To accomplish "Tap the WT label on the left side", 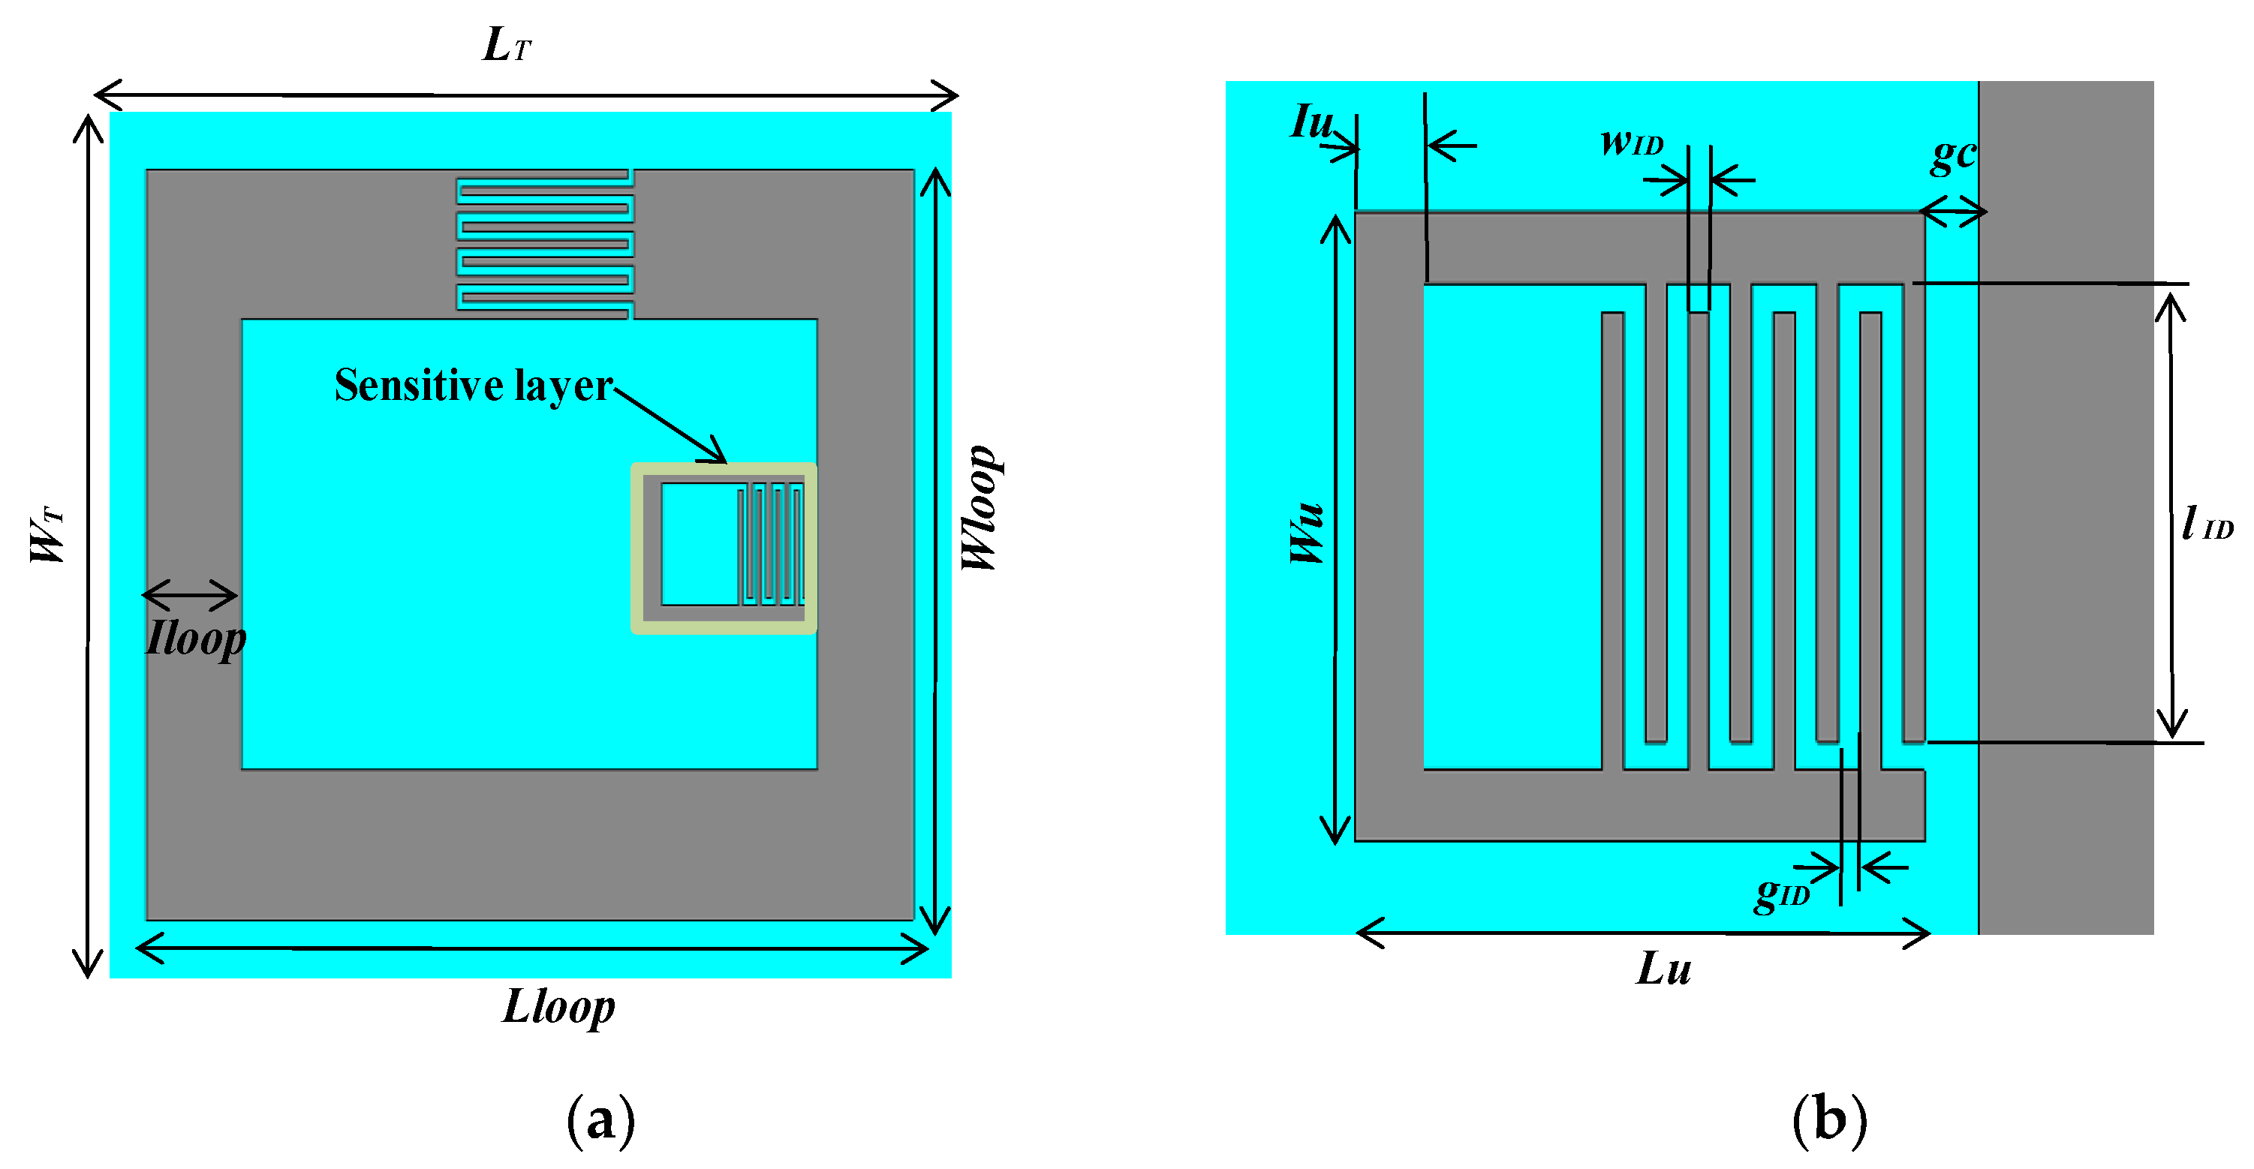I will point(47,535).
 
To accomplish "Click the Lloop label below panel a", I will point(558,1006).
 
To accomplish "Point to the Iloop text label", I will point(196,638).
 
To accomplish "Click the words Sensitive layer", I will point(474,385).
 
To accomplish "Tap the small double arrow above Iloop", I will point(190,595).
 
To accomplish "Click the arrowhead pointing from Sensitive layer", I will point(717,452).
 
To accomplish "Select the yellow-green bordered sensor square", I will point(724,548).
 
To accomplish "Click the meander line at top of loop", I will point(544,244).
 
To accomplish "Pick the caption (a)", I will point(600,1121).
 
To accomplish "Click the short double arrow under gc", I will point(1952,212).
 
